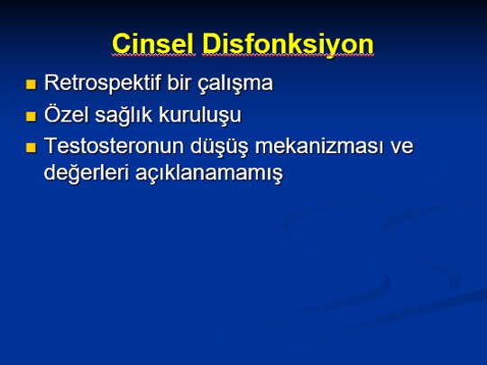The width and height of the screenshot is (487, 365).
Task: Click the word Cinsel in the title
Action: click(152, 44)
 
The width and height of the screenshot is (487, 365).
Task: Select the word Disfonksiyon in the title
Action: click(288, 45)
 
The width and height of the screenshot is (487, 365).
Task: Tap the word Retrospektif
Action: click(103, 83)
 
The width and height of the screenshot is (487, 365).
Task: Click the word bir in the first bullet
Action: click(179, 82)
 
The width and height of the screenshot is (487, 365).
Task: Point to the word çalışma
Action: click(235, 83)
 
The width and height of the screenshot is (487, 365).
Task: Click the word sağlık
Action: click(124, 114)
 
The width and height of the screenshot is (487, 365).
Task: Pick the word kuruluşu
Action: click(199, 114)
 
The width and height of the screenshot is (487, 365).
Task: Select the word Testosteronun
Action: click(114, 146)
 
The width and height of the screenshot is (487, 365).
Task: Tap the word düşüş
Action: click(219, 146)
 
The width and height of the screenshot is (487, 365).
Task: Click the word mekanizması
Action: click(319, 146)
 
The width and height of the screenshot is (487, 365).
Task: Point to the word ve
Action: click(402, 148)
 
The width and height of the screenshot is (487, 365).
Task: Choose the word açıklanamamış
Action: click(209, 173)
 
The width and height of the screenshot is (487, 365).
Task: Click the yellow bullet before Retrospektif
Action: click(31, 85)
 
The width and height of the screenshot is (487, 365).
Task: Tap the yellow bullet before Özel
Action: click(31, 116)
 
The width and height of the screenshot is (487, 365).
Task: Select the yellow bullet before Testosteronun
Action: click(31, 148)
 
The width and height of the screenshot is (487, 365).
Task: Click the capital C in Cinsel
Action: click(121, 44)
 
